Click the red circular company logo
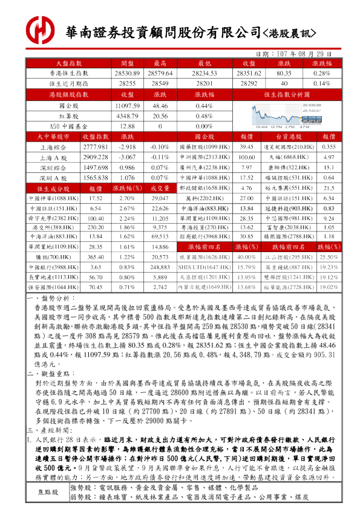click(x=39, y=29)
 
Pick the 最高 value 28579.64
click(x=160, y=73)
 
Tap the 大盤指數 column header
click(x=69, y=63)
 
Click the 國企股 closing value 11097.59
click(x=127, y=105)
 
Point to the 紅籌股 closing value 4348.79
click(x=127, y=115)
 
